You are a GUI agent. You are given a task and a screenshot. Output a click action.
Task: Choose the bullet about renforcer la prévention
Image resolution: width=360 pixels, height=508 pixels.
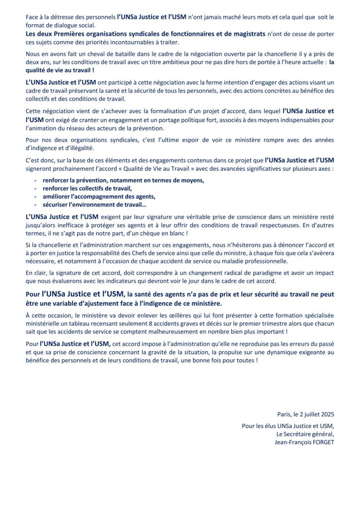[x=122, y=180]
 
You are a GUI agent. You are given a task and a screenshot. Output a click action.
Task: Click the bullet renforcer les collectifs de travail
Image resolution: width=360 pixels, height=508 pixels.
[x=86, y=188]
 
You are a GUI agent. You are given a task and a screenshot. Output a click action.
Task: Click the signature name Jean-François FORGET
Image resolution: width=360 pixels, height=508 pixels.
[x=304, y=443]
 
